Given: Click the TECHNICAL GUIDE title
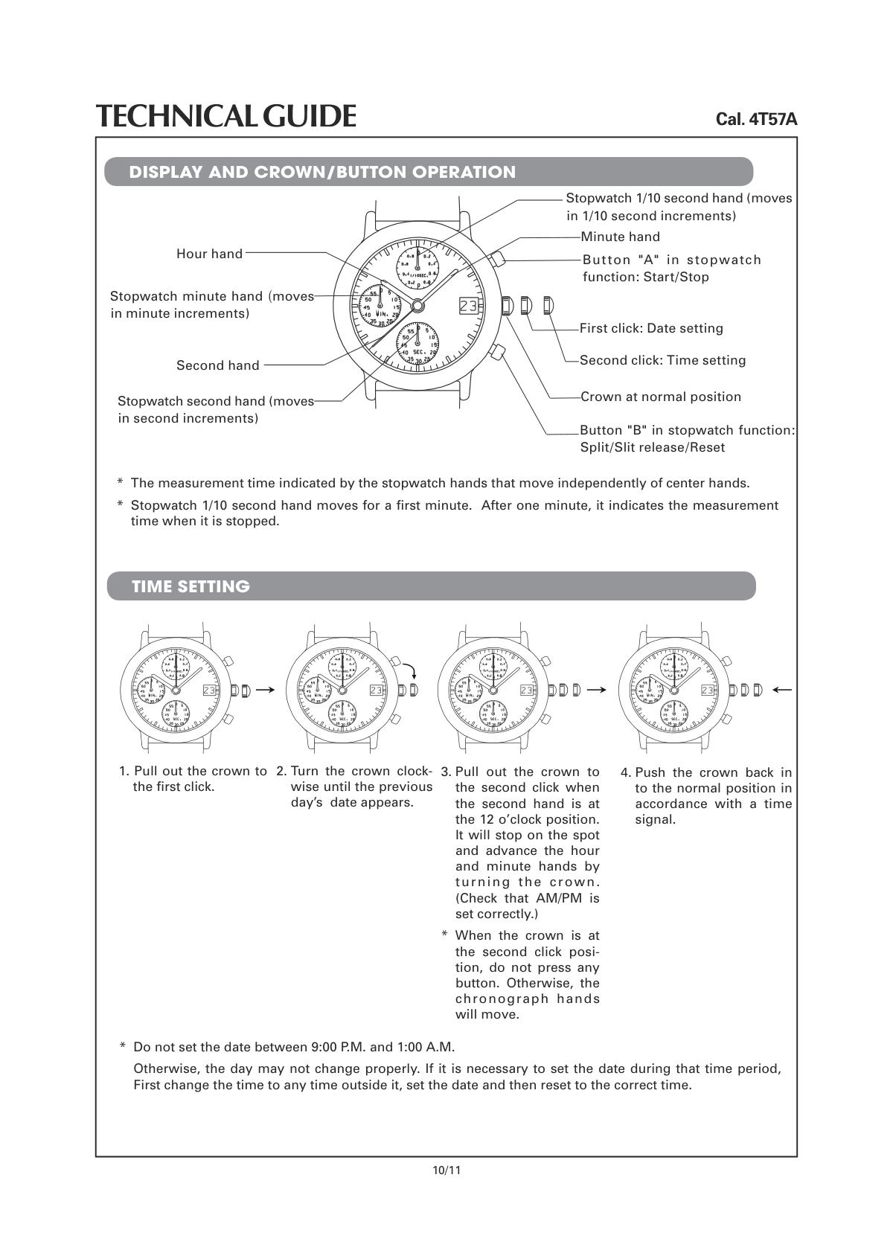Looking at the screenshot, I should tap(225, 116).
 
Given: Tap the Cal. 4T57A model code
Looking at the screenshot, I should tap(756, 119).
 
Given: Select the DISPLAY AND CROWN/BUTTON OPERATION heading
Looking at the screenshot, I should tap(322, 172).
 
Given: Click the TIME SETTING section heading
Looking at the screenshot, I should tap(191, 586).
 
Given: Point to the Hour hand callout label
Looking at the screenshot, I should tap(209, 254).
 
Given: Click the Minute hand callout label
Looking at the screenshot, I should tap(620, 237).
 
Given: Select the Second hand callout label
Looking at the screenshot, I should tap(217, 365).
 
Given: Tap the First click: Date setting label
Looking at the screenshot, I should tap(651, 328).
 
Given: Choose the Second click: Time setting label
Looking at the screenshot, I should tap(662, 360).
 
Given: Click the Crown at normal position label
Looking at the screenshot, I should tap(661, 397).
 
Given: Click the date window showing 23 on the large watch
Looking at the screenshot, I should tap(469, 305).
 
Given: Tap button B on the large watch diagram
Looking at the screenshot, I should tap(498, 351).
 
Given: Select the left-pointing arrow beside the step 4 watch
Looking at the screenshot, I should tap(782, 690).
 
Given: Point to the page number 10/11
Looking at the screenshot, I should tap(446, 1170).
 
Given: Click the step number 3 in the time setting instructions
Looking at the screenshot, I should tap(446, 772).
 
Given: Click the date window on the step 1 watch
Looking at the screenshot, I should tap(209, 690).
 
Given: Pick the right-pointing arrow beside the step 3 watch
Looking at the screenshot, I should tap(596, 690).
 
